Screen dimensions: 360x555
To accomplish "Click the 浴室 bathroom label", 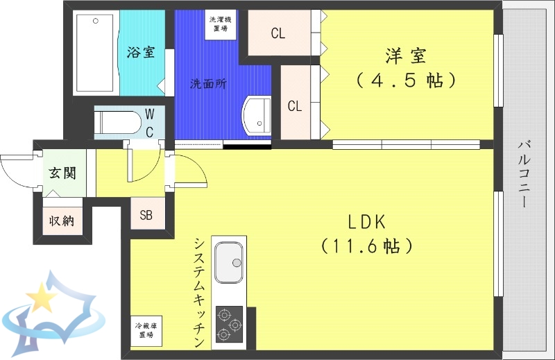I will pyautogui.click(x=141, y=53).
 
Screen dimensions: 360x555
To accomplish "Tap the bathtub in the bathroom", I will pyautogui.click(x=96, y=53).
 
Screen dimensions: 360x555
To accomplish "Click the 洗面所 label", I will pyautogui.click(x=209, y=84).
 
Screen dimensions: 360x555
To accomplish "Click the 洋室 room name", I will pyautogui.click(x=406, y=53).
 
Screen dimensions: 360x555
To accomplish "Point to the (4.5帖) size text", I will pyautogui.click(x=406, y=80).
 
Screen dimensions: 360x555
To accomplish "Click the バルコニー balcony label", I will pyautogui.click(x=525, y=173).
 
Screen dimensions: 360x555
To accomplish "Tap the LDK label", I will pyautogui.click(x=367, y=221).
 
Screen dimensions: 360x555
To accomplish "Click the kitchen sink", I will pyautogui.click(x=229, y=264).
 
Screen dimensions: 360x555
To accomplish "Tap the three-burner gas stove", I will pyautogui.click(x=229, y=324).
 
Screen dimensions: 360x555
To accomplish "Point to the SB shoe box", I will pyautogui.click(x=146, y=214).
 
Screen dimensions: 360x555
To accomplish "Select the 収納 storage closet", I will pyautogui.click(x=61, y=221).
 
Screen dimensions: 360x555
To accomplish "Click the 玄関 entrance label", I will pyautogui.click(x=62, y=173).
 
